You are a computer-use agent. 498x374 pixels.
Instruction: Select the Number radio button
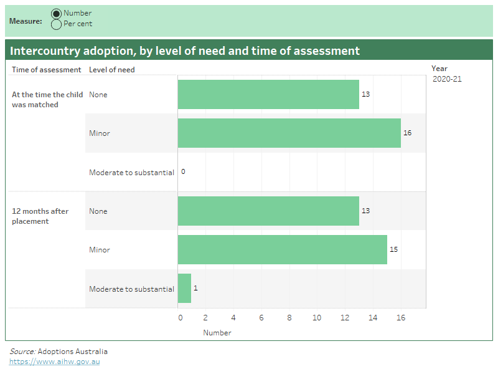(57, 14)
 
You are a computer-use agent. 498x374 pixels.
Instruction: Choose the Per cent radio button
(57, 24)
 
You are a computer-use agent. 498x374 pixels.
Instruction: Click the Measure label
(26, 21)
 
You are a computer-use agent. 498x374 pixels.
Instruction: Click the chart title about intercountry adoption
(184, 51)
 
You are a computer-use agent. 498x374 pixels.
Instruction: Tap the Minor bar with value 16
(289, 133)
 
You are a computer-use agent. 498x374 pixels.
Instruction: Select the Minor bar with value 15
(282, 249)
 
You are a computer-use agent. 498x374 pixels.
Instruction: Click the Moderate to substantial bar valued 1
(184, 289)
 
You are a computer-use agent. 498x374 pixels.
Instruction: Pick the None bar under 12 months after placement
(268, 211)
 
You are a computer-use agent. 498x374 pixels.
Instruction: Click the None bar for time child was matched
(268, 94)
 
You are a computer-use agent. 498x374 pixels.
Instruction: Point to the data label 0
(183, 172)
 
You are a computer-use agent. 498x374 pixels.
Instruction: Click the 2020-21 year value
(447, 79)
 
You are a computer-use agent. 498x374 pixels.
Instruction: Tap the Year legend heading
(439, 69)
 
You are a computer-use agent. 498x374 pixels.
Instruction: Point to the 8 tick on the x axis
(289, 318)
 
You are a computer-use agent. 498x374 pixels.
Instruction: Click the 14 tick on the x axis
(373, 318)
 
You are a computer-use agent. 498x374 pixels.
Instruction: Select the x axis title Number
(217, 333)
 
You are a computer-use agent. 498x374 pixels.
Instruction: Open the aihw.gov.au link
(54, 362)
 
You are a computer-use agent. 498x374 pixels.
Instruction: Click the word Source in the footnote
(22, 352)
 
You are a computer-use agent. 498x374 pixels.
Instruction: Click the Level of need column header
(111, 70)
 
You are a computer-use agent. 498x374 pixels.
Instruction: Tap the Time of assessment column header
(46, 70)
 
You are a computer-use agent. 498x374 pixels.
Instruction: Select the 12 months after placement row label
(40, 216)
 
